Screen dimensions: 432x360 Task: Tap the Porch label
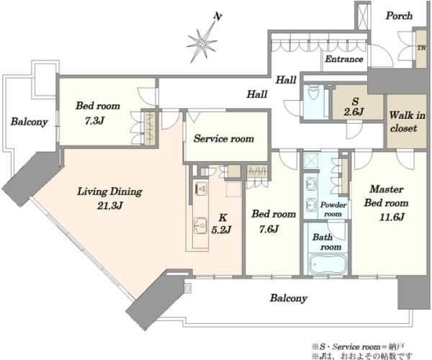(399, 16)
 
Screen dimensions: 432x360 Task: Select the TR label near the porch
(421, 48)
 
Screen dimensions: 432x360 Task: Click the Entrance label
(344, 59)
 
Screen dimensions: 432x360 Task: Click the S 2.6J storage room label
(354, 107)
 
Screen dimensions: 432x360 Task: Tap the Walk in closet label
(407, 122)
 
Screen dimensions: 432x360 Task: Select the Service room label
(223, 138)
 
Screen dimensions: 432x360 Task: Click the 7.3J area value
(94, 121)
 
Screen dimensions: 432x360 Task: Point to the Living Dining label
(109, 192)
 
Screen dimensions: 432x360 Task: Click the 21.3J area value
(109, 206)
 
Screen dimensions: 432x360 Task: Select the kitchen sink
(200, 225)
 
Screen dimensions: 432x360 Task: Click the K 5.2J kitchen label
(221, 224)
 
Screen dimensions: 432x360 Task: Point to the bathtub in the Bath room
(327, 264)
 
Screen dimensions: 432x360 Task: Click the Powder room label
(333, 210)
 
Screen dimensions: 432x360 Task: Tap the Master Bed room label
(386, 196)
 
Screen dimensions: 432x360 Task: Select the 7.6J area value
(269, 229)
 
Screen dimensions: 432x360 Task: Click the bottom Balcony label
(289, 298)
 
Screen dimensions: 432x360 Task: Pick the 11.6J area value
(392, 217)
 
